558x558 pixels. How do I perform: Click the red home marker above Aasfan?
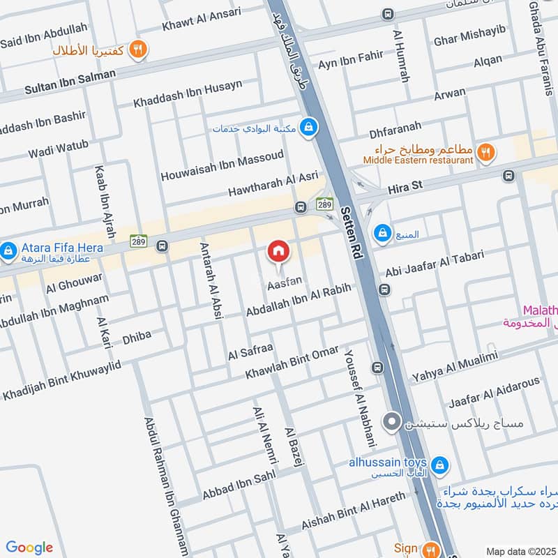pos(278,251)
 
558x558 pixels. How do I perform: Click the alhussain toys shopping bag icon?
pos(439,464)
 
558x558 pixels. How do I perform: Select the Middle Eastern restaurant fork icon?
pos(487,151)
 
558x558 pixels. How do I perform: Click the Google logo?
pos(29,548)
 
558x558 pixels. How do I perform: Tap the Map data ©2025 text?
pos(520,551)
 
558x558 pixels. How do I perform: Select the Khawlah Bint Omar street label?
pos(292,362)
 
